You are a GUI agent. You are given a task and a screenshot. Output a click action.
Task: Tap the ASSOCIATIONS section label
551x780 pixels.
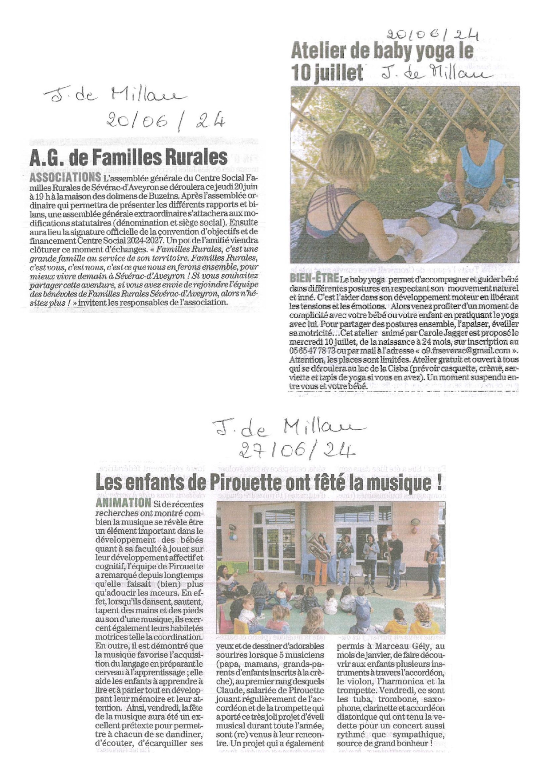coord(65,177)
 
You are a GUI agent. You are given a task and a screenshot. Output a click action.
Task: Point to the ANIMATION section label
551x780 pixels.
coord(123,503)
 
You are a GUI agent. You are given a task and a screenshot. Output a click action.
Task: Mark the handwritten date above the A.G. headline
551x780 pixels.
coord(165,119)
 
